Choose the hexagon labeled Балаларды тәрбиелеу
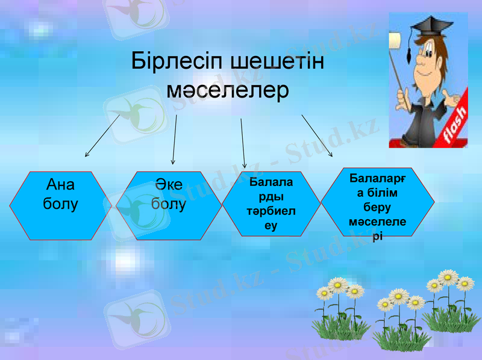[271, 205]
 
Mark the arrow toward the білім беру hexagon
[317, 136]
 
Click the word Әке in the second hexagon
[169, 185]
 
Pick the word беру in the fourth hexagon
[377, 207]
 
